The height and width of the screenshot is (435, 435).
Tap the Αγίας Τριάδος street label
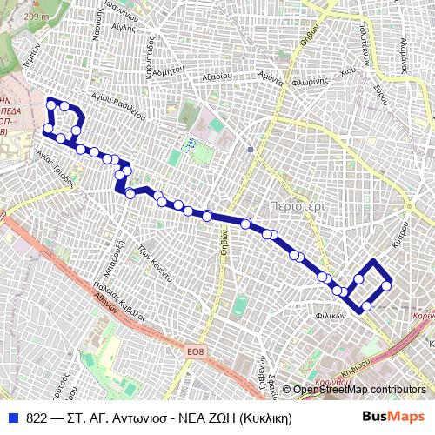49,163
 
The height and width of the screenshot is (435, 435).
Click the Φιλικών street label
331,316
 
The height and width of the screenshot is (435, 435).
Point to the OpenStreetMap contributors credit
358,389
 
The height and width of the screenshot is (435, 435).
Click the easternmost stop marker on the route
386,285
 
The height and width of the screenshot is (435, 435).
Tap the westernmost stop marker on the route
47,129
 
